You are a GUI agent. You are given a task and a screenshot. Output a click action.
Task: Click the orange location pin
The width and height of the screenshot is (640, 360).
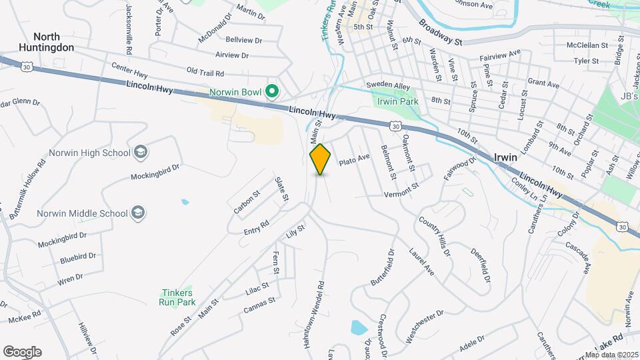(320, 159)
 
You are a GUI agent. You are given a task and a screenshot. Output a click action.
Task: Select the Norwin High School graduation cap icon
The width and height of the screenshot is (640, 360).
(141, 153)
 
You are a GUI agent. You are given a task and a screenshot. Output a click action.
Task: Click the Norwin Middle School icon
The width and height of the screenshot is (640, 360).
(139, 213)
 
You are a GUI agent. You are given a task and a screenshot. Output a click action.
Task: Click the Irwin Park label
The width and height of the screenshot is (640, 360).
(397, 101)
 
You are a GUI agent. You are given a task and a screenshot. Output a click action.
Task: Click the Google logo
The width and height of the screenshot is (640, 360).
(22, 352)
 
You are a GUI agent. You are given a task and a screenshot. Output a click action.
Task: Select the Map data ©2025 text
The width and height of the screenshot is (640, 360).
(611, 355)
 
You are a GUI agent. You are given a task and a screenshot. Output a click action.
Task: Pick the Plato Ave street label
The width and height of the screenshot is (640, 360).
(354, 161)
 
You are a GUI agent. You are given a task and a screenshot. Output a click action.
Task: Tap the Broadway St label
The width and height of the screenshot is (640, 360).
(441, 32)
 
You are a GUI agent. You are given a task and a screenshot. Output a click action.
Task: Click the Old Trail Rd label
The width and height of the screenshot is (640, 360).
(205, 71)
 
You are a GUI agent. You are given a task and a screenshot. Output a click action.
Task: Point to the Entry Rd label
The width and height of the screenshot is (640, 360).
(256, 227)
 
